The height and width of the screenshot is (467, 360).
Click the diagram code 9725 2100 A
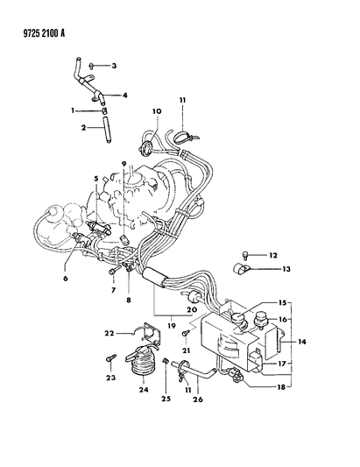click(44, 32)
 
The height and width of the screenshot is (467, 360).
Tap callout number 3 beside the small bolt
click(114, 66)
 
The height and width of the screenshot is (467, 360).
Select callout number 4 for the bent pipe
click(124, 96)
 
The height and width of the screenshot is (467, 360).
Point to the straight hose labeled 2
click(105, 130)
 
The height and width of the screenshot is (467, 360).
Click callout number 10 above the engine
click(157, 111)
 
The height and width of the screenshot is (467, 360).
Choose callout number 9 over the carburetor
click(124, 163)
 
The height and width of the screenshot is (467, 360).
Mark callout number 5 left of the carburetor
click(96, 179)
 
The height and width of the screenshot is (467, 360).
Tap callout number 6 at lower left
click(65, 278)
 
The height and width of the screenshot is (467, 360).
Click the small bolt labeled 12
click(245, 254)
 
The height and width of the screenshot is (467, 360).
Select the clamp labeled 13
click(241, 269)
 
